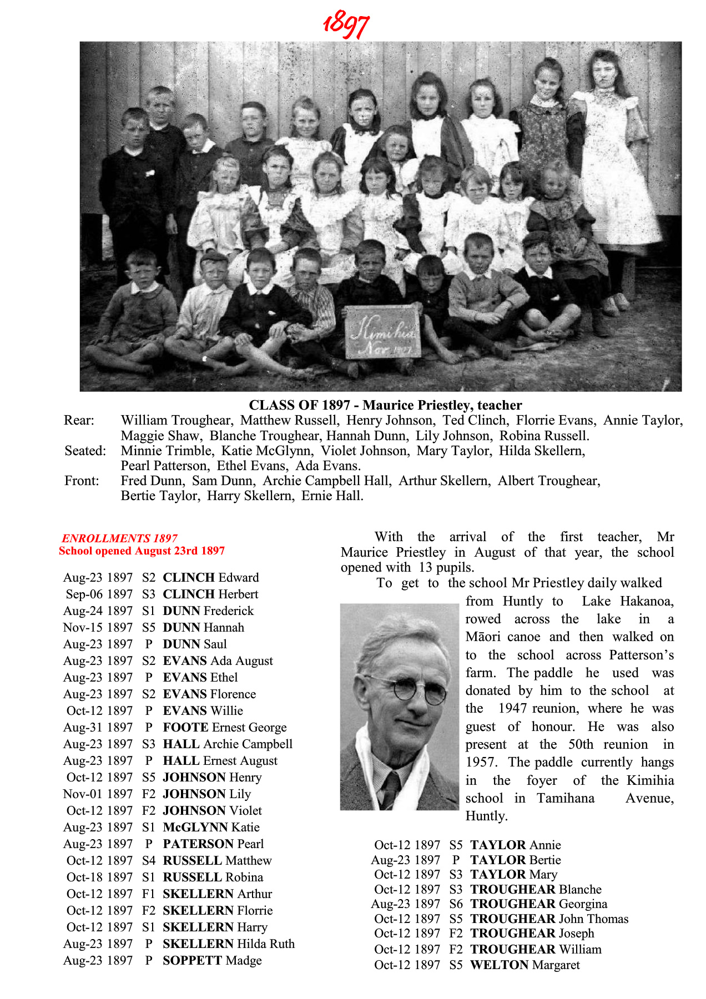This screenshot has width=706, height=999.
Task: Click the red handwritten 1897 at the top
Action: click(x=346, y=24)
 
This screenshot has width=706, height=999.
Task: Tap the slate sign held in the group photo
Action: click(x=382, y=332)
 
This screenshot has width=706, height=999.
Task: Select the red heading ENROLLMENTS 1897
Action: click(x=119, y=538)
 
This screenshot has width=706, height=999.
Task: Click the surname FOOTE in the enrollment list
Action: click(x=185, y=728)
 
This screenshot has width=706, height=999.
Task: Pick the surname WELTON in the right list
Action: click(x=499, y=965)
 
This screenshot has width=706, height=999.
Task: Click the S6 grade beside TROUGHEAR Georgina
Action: click(x=456, y=904)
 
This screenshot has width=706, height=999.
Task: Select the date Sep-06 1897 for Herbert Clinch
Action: click(x=99, y=594)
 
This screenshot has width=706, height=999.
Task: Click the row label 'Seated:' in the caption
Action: click(x=85, y=451)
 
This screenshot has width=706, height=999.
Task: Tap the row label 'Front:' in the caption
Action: click(x=82, y=481)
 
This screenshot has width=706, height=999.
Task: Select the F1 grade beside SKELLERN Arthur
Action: click(x=148, y=894)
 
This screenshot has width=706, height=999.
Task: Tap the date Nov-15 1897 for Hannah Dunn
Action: click(x=98, y=628)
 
